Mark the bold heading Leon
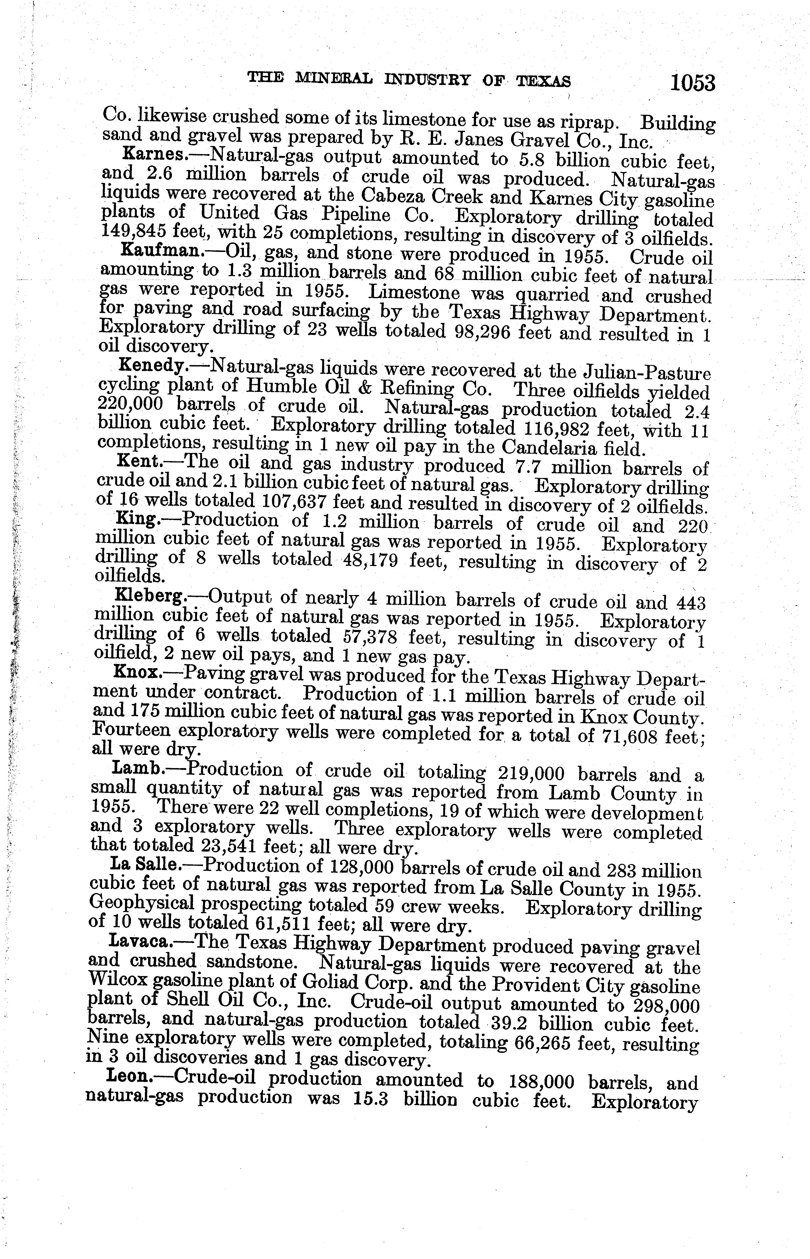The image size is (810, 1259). pyautogui.click(x=129, y=1076)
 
